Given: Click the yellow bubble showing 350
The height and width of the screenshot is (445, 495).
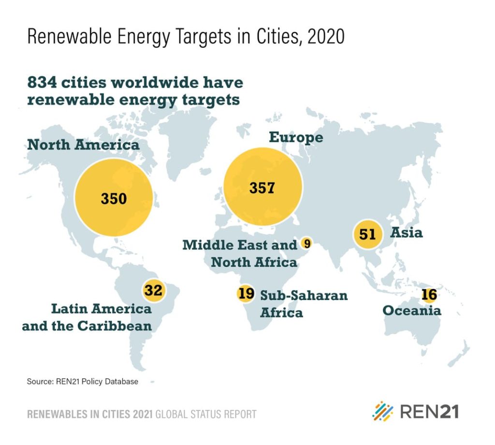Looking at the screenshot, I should click(x=114, y=198).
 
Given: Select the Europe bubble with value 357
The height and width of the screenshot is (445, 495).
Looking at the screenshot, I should click(x=262, y=187).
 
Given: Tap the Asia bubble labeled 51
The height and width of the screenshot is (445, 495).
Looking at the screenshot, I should click(x=367, y=235).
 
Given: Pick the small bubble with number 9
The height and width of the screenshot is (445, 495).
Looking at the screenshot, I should click(x=306, y=243).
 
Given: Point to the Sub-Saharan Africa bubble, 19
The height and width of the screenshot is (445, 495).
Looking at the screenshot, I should click(x=246, y=293).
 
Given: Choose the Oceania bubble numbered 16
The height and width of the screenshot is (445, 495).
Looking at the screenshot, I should click(x=429, y=295).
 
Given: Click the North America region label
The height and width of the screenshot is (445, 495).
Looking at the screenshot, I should click(x=83, y=144).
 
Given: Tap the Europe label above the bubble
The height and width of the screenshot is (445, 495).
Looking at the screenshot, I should click(x=296, y=137).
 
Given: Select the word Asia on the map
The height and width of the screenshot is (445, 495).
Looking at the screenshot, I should click(x=407, y=233).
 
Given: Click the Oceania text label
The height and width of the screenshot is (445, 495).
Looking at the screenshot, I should click(x=412, y=310).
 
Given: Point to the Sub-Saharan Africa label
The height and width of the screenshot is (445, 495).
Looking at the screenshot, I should click(x=304, y=303).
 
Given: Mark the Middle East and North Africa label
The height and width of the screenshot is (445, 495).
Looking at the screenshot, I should click(x=240, y=253).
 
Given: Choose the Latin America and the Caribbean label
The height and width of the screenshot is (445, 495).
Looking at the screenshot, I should click(x=87, y=317).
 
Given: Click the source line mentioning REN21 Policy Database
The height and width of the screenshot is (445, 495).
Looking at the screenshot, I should click(x=82, y=382).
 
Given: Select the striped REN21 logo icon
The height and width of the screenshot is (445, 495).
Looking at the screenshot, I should click(x=383, y=411).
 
